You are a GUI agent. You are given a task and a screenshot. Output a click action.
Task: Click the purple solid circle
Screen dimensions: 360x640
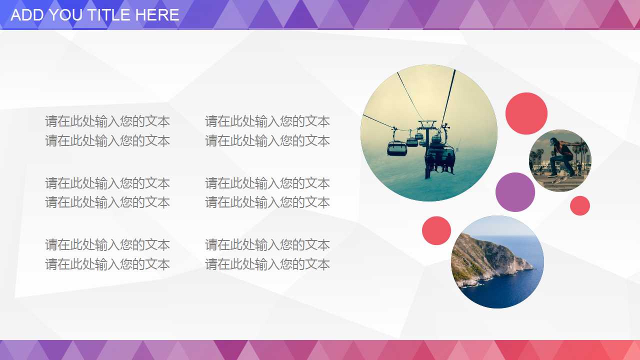[x=515, y=192]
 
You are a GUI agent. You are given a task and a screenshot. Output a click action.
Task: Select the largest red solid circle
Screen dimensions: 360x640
[x=526, y=113]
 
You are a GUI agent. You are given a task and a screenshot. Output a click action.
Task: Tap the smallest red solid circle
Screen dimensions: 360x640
[x=579, y=205]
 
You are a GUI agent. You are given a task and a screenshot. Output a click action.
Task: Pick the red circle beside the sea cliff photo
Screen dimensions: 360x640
[x=436, y=230]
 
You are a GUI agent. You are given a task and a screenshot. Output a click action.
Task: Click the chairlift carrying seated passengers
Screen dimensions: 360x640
[x=440, y=158]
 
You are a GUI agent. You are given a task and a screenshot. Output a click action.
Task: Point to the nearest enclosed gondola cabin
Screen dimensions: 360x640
[x=396, y=148]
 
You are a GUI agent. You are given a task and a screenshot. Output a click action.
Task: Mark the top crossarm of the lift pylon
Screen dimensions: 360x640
[x=427, y=123]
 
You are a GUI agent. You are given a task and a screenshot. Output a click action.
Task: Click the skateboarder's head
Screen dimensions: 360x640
[x=553, y=141]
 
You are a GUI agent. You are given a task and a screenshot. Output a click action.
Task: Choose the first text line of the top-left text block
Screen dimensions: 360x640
[x=107, y=121]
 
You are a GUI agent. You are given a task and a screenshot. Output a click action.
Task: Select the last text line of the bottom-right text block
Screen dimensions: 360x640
[x=267, y=264]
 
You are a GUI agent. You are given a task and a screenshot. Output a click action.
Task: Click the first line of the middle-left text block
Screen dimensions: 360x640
[x=107, y=183]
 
